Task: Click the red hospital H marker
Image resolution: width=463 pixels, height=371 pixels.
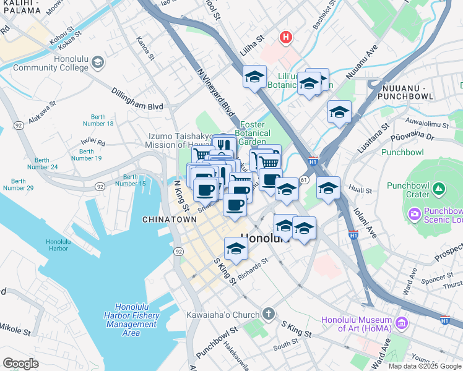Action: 285,38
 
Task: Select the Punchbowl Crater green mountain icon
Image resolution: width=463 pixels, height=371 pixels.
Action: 438,187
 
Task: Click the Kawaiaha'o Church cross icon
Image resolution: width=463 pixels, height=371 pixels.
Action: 268,314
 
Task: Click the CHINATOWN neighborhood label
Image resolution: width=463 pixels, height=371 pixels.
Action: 169,220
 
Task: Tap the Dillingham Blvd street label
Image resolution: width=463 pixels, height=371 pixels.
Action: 137,106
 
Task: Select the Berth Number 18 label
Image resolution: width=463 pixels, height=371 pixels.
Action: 102,120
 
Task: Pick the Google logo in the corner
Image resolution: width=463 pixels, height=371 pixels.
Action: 20,364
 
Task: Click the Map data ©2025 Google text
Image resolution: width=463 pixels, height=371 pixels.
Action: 424,366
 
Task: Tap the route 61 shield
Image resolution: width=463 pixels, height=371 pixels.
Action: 303,179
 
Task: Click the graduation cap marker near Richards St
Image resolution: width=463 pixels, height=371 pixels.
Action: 236,249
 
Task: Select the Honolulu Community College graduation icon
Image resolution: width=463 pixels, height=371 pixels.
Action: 98,62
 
